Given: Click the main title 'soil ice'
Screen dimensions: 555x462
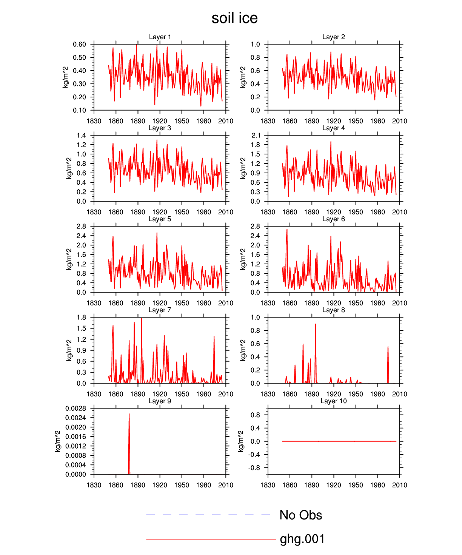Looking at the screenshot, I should tap(234, 18).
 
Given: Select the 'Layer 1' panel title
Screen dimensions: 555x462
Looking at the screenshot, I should tap(160, 37).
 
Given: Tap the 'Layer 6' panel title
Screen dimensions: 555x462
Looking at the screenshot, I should tap(333, 219).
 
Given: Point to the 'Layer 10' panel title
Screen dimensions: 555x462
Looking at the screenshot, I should tap(333, 401).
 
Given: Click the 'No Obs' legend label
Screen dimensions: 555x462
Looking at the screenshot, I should tap(300, 515).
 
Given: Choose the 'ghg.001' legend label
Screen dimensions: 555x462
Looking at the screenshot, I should tap(302, 539).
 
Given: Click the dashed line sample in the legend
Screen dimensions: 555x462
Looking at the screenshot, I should tap(208, 515).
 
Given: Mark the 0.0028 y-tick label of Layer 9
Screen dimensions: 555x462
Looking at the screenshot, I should tap(75, 409).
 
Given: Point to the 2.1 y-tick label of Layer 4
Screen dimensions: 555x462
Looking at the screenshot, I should tap(256, 136).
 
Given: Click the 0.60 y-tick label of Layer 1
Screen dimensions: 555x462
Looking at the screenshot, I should tap(80, 45).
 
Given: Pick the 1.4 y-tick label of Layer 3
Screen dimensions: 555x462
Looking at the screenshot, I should tap(82, 136).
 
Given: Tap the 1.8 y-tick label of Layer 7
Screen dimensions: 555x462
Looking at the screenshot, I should tap(82, 318).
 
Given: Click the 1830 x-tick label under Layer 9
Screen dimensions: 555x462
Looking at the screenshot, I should tap(94, 485).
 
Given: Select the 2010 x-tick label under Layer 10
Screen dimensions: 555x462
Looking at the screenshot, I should tap(399, 485).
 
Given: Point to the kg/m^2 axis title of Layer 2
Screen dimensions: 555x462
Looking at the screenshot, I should tap(243, 77).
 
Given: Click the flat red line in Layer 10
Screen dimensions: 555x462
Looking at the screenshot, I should tap(340, 441).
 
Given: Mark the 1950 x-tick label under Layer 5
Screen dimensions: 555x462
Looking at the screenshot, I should tap(182, 303).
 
